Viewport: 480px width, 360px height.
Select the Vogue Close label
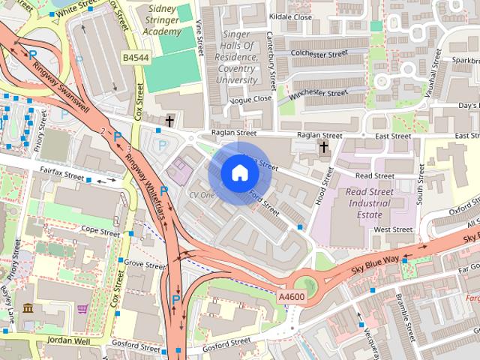252,99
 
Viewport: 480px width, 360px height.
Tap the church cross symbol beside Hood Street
324,145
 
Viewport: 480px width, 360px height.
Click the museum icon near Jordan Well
28,308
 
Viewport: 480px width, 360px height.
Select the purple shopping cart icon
82,309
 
